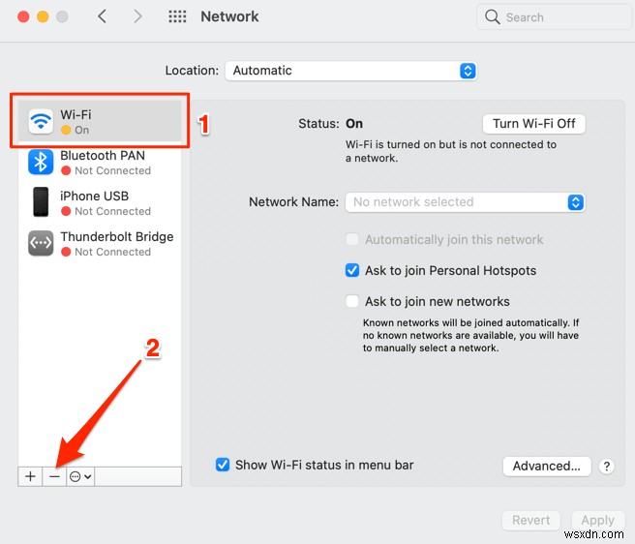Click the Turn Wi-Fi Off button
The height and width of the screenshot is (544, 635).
click(533, 124)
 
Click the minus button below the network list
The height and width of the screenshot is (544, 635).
click(55, 476)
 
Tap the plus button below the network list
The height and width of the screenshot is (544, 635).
click(30, 476)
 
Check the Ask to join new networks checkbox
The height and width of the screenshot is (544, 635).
click(352, 301)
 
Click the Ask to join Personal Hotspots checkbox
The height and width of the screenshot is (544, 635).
click(352, 270)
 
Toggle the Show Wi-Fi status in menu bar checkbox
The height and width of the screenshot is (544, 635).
click(224, 465)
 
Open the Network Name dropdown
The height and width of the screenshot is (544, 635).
click(465, 202)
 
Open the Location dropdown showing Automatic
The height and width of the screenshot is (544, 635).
click(350, 71)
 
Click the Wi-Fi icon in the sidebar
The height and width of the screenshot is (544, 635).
click(41, 121)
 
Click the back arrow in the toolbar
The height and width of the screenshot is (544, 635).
click(103, 17)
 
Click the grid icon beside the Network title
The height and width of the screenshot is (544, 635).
click(177, 17)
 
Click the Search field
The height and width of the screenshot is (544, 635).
click(547, 17)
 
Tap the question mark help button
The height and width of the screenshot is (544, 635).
click(606, 467)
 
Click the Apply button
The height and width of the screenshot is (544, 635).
click(597, 520)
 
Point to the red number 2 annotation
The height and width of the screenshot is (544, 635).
click(152, 348)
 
